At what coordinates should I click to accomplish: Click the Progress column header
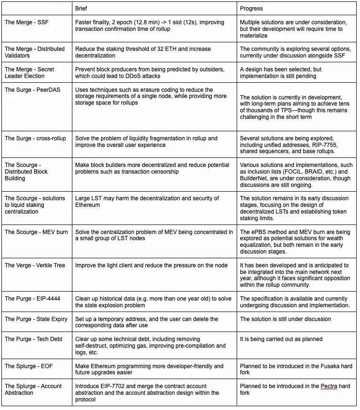[x=251, y=9]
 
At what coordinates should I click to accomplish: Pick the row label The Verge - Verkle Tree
[x=35, y=265]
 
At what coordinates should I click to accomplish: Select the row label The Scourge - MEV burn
[x=36, y=232]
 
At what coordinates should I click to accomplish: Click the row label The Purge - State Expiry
[x=36, y=319]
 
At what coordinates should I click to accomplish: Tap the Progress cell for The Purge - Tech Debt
[x=281, y=339]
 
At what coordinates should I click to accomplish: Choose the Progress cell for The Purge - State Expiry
[x=285, y=319]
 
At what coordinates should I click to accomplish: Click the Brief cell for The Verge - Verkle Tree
[x=151, y=265]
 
